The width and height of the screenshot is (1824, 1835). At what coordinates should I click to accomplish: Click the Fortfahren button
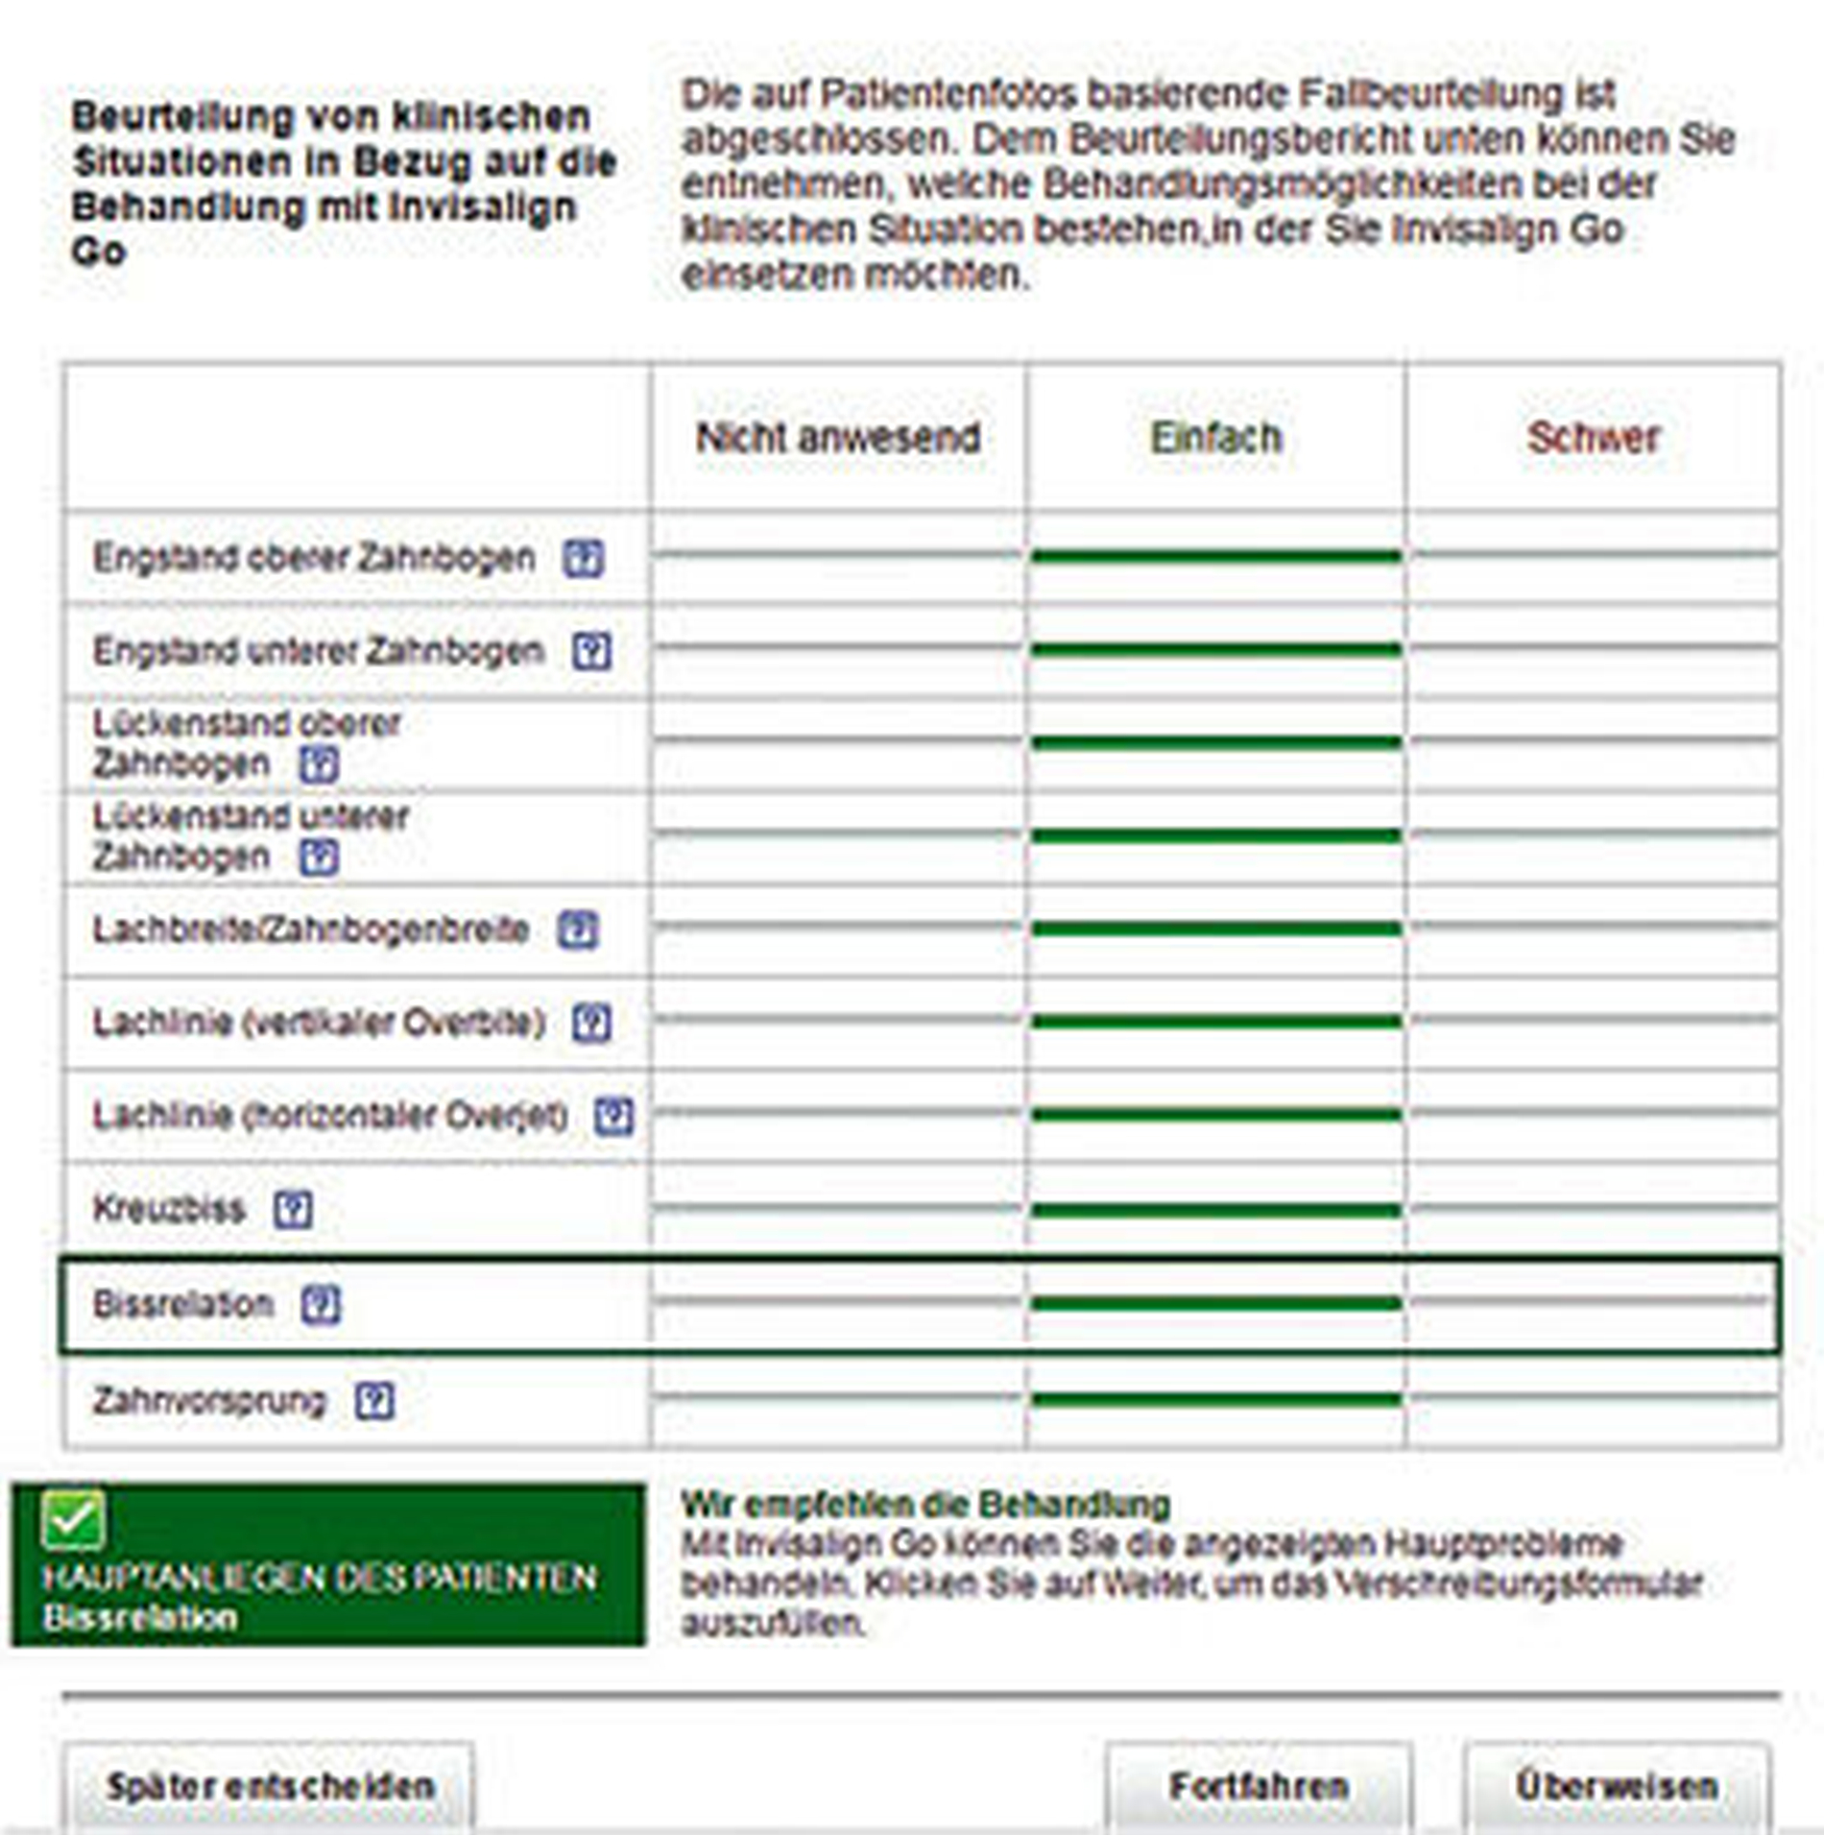tap(1259, 1787)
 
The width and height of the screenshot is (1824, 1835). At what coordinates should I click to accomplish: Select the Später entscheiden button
tap(270, 1787)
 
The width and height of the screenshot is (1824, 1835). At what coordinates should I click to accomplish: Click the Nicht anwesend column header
tap(837, 438)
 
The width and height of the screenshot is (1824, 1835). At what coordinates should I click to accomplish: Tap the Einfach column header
tap(1215, 438)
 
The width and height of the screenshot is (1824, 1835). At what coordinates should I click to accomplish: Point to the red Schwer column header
tap(1593, 438)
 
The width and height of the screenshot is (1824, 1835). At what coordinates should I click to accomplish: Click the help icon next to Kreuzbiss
tap(293, 1210)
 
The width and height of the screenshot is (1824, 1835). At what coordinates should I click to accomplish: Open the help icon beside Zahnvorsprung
tap(374, 1401)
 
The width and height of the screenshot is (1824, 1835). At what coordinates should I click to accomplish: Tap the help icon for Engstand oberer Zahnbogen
tap(583, 558)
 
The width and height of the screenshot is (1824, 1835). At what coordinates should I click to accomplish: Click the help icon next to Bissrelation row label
tap(321, 1305)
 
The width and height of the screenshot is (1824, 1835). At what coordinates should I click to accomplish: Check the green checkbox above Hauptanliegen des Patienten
tap(74, 1521)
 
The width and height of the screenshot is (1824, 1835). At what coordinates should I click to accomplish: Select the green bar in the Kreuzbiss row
tap(1215, 1210)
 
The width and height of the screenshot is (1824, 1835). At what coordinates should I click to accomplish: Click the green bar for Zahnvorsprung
tap(1215, 1399)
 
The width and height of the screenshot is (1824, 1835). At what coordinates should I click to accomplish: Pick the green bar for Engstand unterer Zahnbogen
tap(1215, 650)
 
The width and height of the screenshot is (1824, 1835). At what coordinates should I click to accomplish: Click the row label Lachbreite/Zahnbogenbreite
tap(310, 930)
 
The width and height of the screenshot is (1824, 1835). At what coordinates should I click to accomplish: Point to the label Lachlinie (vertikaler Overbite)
tap(319, 1023)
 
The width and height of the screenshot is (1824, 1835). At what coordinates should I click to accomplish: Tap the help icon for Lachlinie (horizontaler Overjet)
tap(613, 1116)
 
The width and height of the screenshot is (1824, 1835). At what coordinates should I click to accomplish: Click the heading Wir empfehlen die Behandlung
tap(924, 1504)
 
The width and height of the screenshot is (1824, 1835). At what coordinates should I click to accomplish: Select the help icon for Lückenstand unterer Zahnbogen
tap(319, 857)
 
